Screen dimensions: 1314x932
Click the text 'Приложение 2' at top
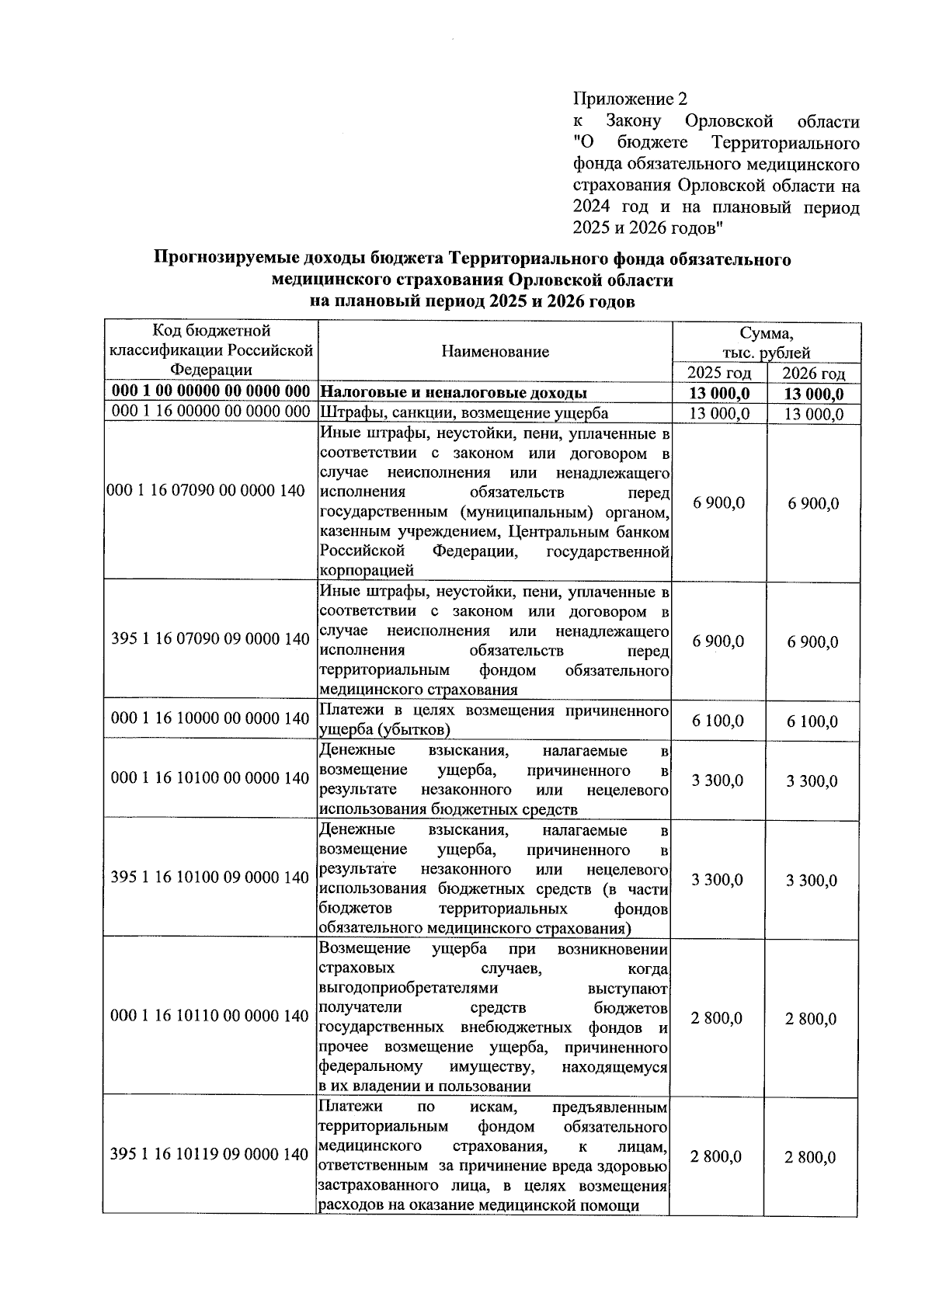pyautogui.click(x=630, y=99)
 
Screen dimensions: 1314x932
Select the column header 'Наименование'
pyautogui.click(x=495, y=352)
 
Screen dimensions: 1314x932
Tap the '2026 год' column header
pyautogui.click(x=812, y=374)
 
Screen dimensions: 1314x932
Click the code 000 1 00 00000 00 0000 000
pyautogui.click(x=210, y=393)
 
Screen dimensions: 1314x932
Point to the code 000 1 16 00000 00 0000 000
pyautogui.click(x=210, y=413)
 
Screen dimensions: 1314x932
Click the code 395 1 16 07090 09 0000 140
pyautogui.click(x=210, y=640)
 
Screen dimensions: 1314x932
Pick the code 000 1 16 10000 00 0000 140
pyautogui.click(x=210, y=719)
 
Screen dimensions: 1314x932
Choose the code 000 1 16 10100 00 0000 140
pyautogui.click(x=210, y=778)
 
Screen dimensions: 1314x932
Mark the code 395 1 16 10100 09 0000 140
pyautogui.click(x=210, y=878)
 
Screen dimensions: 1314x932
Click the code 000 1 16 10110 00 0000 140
pyautogui.click(x=210, y=1016)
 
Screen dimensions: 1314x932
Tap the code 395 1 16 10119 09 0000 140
pyautogui.click(x=210, y=1155)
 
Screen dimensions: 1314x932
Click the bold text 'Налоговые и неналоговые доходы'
pyautogui.click(x=454, y=393)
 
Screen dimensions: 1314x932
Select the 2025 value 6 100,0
pyautogui.click(x=718, y=721)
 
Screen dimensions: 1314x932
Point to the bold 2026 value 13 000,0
pyautogui.click(x=812, y=395)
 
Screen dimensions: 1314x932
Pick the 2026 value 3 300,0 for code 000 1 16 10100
pyautogui.click(x=812, y=781)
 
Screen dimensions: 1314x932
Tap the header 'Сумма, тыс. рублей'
pyautogui.click(x=766, y=342)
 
